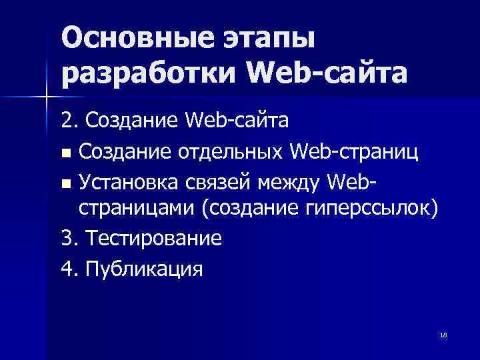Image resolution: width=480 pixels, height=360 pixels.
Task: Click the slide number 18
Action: click(x=443, y=335)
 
